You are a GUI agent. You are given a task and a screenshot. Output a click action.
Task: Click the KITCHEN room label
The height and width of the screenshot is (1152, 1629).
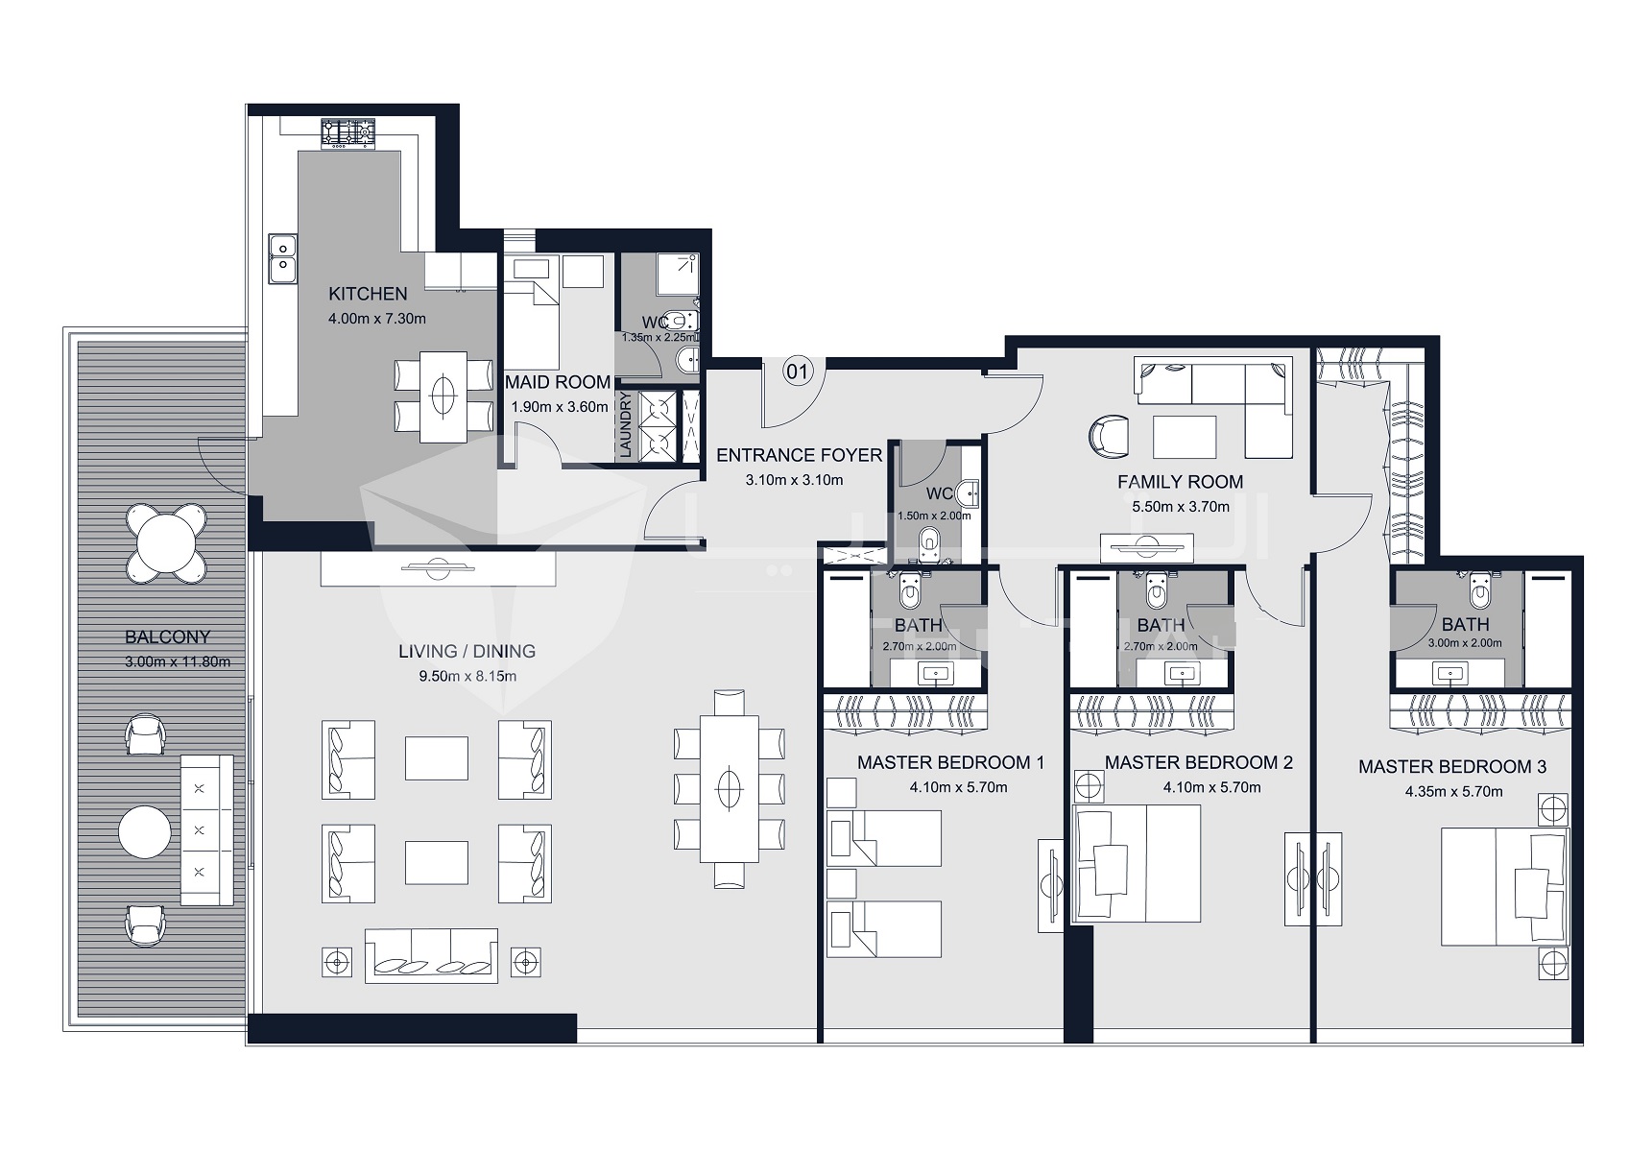click(368, 294)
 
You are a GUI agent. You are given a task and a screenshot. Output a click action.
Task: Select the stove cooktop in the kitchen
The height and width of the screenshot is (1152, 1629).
click(347, 133)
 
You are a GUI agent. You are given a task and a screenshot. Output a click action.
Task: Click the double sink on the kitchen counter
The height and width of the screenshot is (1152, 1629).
click(282, 258)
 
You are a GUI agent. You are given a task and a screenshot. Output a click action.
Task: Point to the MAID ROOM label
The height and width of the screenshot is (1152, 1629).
click(558, 382)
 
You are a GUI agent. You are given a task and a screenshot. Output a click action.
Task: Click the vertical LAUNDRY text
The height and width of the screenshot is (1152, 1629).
click(625, 423)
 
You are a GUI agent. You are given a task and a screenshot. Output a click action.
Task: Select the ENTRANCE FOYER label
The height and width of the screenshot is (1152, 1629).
click(799, 455)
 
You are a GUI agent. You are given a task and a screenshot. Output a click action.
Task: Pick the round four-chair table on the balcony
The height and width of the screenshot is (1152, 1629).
click(166, 543)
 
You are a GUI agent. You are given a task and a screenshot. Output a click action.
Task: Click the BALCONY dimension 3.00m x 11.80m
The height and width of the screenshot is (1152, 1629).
click(177, 661)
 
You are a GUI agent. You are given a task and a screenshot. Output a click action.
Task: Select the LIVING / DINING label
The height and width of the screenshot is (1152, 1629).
click(467, 651)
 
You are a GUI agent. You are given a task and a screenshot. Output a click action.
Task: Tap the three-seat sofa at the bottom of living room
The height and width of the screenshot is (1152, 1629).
click(431, 955)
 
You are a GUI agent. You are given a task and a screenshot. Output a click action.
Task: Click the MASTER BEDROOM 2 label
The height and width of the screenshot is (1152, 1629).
click(1198, 762)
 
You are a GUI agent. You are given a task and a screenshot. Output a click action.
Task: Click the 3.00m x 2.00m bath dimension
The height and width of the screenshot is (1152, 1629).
click(1465, 643)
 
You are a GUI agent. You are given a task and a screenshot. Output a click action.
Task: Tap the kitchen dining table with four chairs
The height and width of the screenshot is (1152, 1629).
click(443, 396)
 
